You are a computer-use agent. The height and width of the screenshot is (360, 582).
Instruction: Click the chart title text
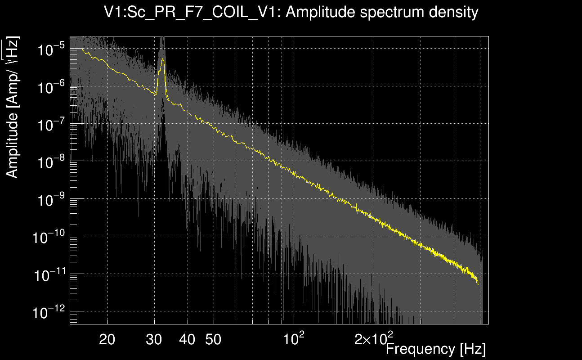click(291, 12)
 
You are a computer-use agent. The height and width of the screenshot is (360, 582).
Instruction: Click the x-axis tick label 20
click(107, 339)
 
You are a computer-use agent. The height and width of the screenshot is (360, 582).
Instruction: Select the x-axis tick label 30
click(155, 339)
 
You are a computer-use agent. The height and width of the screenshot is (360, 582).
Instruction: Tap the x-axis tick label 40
click(187, 339)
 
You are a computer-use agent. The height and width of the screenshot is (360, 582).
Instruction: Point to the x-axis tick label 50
click(213, 339)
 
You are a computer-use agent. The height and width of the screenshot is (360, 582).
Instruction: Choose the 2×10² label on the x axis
click(374, 338)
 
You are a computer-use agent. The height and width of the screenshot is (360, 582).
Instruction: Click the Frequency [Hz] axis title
click(435, 349)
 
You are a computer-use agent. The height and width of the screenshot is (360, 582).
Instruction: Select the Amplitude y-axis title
click(13, 108)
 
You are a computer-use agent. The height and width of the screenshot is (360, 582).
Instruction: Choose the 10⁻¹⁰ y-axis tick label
click(49, 237)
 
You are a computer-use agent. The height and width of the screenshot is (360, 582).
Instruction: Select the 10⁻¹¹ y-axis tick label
click(49, 274)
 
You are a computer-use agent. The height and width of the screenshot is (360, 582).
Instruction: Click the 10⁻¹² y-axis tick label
click(49, 312)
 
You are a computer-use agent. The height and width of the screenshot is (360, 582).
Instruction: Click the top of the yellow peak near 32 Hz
click(162, 59)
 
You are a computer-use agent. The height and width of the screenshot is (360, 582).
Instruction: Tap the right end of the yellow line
click(478, 284)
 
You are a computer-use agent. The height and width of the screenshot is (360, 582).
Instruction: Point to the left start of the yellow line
click(82, 49)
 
